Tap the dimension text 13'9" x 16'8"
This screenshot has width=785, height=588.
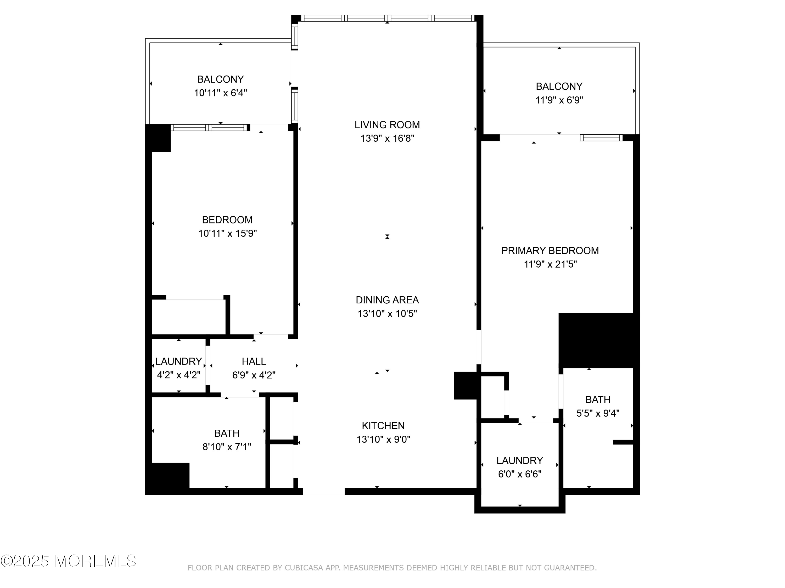click(387, 139)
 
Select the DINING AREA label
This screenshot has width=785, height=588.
click(387, 300)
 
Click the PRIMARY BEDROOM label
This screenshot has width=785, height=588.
click(550, 251)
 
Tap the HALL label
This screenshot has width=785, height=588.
click(254, 361)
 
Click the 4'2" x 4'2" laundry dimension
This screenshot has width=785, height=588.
click(178, 375)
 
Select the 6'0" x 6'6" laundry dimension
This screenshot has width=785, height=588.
click(520, 474)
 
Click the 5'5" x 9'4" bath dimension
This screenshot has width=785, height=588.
click(598, 413)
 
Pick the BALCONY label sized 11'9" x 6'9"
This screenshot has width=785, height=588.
click(559, 86)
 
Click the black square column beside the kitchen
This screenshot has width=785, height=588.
click(465, 385)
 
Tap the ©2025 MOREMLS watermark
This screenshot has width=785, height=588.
click(68, 561)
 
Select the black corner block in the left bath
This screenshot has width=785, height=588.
click(167, 476)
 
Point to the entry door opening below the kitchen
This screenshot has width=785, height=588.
click(323, 491)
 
